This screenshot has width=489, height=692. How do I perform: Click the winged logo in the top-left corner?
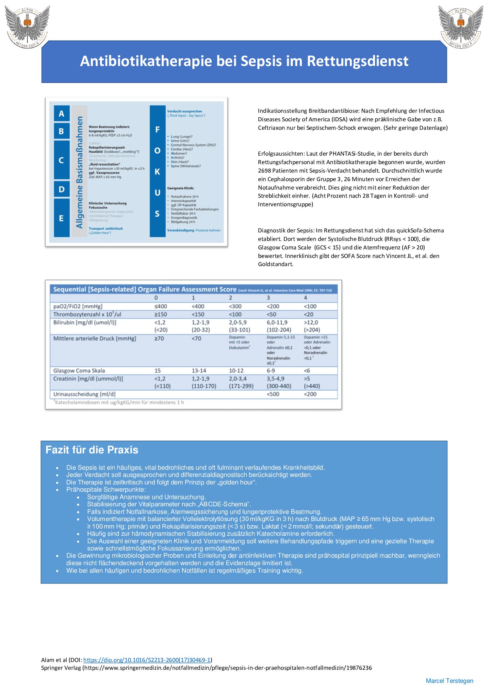(27, 26)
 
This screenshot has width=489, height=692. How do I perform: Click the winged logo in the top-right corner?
(461, 26)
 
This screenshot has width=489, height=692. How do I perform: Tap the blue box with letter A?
(61, 114)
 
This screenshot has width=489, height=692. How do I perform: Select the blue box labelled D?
(61, 189)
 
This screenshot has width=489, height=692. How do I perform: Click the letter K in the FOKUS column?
(157, 172)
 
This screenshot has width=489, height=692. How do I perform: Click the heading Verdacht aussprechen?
(185, 111)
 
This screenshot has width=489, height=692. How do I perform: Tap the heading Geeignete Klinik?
(181, 188)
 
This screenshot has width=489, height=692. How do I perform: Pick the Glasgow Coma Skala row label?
(79, 371)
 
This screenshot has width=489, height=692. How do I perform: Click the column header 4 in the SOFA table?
(305, 298)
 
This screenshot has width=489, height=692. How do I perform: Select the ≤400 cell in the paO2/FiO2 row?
(161, 306)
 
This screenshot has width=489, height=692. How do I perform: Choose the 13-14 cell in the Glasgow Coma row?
(199, 371)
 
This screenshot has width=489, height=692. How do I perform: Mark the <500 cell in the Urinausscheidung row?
(273, 394)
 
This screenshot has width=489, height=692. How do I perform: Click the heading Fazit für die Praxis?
(92, 450)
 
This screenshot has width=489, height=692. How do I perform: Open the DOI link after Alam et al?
(147, 660)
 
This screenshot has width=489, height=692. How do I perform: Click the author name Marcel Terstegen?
(449, 681)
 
